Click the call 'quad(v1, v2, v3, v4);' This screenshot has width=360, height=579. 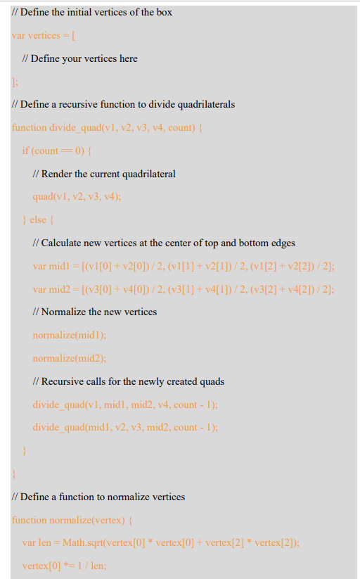coord(77,196)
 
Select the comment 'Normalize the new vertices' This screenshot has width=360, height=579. coord(95,312)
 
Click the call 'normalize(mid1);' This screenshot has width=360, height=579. coord(70,335)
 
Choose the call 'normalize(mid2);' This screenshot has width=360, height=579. coord(70,358)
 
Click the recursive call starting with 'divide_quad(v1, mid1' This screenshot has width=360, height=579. coord(125,405)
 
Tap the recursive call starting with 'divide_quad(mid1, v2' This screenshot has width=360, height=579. coord(125,427)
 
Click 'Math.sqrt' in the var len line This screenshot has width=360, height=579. coord(82,542)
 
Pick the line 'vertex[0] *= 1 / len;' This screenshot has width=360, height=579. coord(63,566)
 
